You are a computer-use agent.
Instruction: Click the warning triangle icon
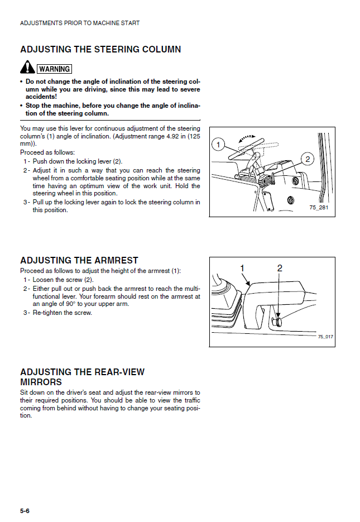click(x=27, y=68)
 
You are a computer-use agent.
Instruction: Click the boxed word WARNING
click(x=54, y=69)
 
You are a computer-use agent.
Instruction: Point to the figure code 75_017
click(x=325, y=337)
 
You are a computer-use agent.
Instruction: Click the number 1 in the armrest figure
click(x=242, y=269)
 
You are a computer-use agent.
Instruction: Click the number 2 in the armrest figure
click(x=280, y=269)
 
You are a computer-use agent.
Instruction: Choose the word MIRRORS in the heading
click(x=41, y=382)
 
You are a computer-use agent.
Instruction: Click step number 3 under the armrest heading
click(x=26, y=313)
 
